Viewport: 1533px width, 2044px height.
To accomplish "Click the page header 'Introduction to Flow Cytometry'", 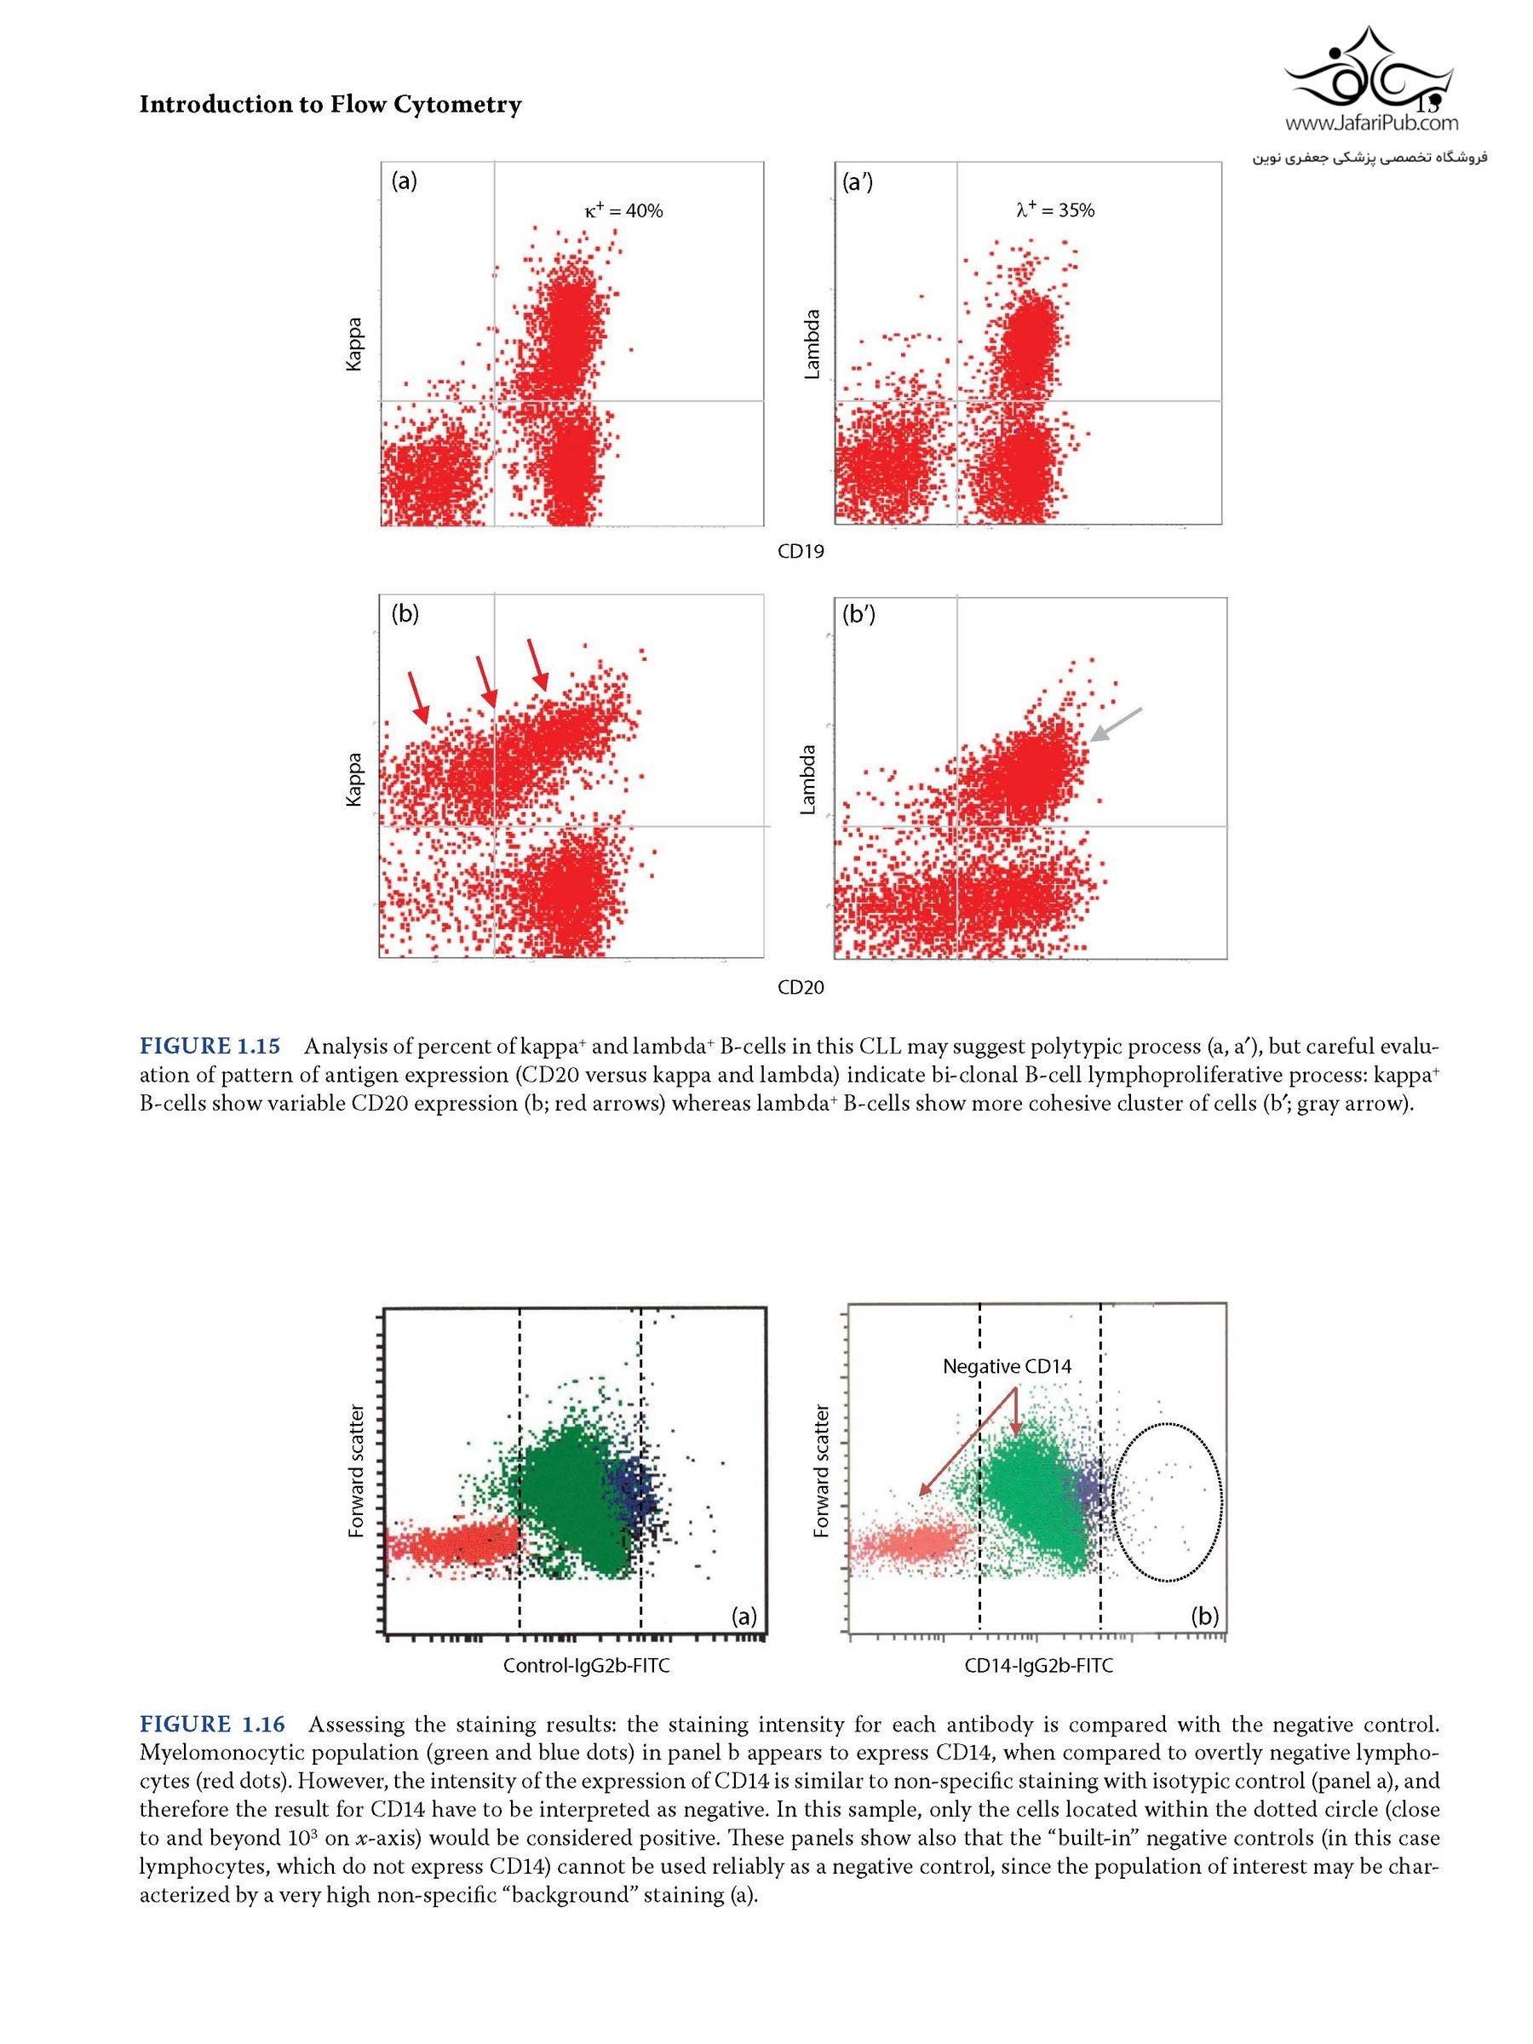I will coord(330,105).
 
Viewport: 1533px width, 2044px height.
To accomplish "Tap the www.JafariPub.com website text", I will coord(1371,123).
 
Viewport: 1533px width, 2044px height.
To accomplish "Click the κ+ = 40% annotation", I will coord(623,210).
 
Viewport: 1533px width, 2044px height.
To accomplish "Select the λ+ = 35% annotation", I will coord(1054,210).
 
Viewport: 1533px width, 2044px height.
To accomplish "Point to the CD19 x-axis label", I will coord(801,552).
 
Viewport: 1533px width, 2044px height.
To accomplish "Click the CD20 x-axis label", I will coord(801,988).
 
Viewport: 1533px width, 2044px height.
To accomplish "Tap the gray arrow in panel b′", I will coord(1116,725).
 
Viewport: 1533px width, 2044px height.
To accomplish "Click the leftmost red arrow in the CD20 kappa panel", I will coord(419,698).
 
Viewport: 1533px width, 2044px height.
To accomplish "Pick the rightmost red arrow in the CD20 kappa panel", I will coord(537,665).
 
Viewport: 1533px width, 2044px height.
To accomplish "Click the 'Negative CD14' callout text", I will coord(1007,1367).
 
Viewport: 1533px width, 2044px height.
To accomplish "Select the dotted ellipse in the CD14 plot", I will coord(1167,1502).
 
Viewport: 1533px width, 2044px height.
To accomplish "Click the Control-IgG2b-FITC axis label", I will coord(586,1666).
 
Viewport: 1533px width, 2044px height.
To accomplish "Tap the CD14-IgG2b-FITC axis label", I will coord(1039,1666).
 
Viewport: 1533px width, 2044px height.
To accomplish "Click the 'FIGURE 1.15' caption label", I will coord(210,1046).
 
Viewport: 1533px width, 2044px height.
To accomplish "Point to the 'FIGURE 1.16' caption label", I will coord(213,1725).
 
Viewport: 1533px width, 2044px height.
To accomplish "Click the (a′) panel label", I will coord(858,182).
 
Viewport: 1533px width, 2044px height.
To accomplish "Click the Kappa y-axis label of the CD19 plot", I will coord(354,344).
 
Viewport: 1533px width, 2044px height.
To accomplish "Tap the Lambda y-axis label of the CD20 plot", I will coord(807,779).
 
